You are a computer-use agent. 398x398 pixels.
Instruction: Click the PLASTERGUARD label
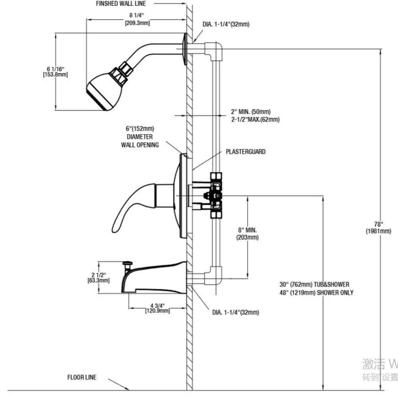[246, 152]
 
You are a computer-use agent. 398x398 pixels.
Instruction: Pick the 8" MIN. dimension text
[248, 230]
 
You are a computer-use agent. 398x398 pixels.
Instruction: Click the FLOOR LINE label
[82, 377]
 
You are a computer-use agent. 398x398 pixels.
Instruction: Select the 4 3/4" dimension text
[157, 305]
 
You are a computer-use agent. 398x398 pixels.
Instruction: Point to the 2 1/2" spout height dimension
[98, 275]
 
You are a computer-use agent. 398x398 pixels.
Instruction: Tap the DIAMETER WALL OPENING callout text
[140, 141]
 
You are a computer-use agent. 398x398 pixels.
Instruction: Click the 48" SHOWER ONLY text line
[316, 293]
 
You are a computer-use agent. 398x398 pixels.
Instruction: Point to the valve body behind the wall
[215, 195]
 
